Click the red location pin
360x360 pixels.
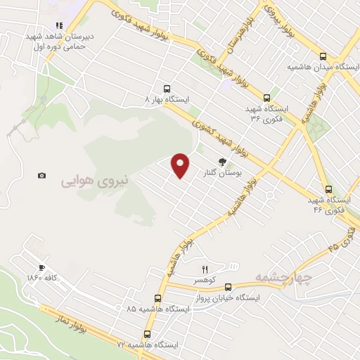(x=181, y=165)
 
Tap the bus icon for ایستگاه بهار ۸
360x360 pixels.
(x=167, y=89)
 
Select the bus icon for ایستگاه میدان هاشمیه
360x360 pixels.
(x=323, y=56)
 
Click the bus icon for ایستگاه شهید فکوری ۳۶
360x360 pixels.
(x=266, y=98)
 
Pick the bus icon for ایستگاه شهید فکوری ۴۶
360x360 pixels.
(x=328, y=188)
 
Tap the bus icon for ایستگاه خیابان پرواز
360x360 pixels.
(x=228, y=287)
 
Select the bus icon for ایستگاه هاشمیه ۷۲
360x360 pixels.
(x=147, y=335)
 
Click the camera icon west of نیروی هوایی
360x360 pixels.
(x=42, y=175)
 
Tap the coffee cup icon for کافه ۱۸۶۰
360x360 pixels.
(x=42, y=267)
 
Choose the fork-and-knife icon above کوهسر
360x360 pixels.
(x=205, y=269)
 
